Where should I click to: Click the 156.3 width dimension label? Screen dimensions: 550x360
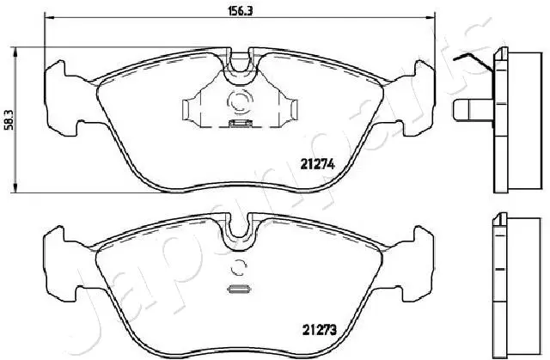tap(241, 11)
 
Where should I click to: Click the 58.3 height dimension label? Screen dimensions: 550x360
tap(9, 119)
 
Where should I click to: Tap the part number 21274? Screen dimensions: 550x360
tap(318, 164)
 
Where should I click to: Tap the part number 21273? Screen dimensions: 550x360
tap(319, 330)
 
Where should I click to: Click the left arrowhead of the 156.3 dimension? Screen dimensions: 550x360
tap(49, 17)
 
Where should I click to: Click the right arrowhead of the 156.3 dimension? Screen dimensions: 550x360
tap(430, 17)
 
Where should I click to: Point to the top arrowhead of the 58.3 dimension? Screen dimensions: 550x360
tap(15, 52)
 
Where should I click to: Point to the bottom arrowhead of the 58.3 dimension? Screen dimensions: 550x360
tap(15, 187)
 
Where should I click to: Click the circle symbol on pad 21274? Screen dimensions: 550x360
tap(240, 101)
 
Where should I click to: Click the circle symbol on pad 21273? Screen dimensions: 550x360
tap(239, 268)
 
